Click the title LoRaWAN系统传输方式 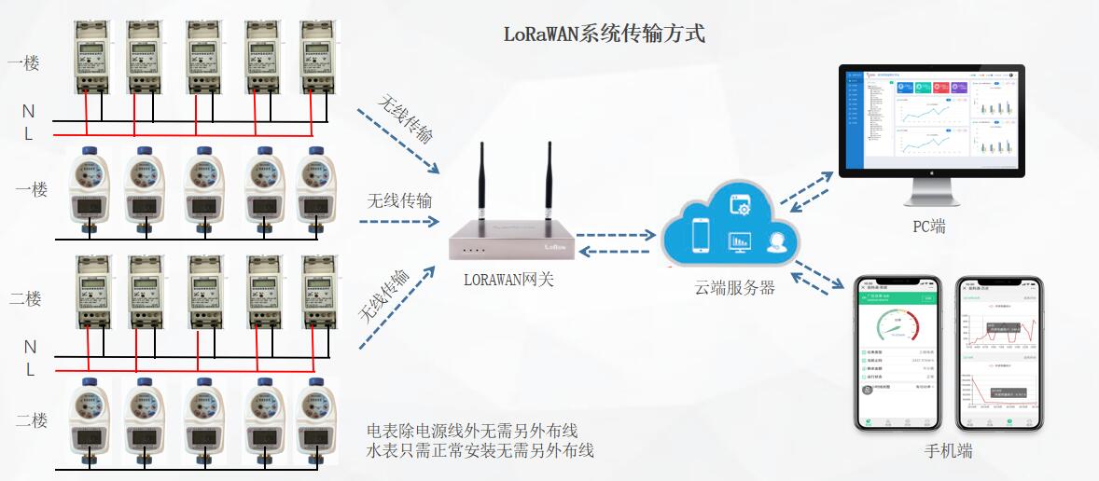(x=604, y=35)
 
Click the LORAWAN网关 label (x=508, y=278)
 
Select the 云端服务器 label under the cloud (x=734, y=288)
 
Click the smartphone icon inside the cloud (x=701, y=236)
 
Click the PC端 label (x=928, y=226)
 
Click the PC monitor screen (x=931, y=118)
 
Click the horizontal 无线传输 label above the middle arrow (x=399, y=199)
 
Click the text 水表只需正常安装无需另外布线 (x=480, y=451)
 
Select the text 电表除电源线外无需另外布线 (x=473, y=432)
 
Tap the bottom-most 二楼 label (x=31, y=420)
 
